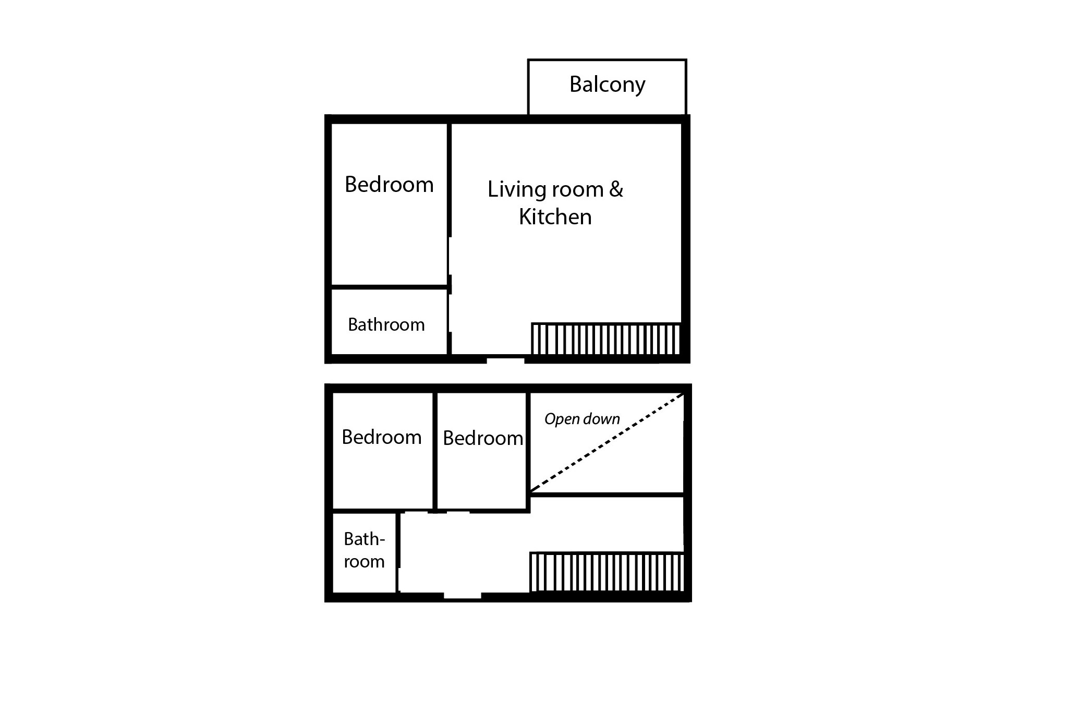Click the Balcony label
coord(607,85)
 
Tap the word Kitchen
coord(555,217)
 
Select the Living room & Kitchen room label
coord(555,203)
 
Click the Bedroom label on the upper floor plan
coord(389,185)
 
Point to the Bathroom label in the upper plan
coord(386,324)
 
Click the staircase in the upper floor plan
coord(606,339)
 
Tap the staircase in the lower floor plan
coord(606,572)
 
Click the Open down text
coord(582,419)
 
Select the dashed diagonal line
coord(607,442)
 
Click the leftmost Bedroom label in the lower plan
coord(382,437)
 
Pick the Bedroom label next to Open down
coord(483,438)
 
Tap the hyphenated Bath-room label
coord(364,550)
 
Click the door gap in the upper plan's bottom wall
coord(505,359)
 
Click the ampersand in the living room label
coord(616,189)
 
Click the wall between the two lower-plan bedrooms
coord(434,451)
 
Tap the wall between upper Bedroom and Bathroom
coord(390,287)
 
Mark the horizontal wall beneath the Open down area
coord(607,494)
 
